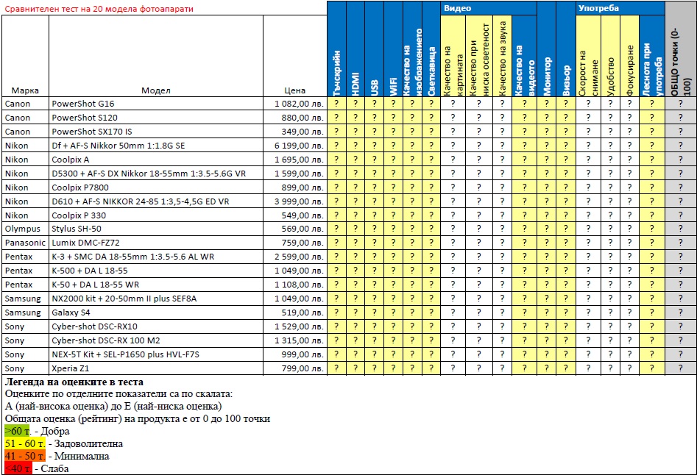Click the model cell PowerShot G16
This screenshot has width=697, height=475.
[x=82, y=104]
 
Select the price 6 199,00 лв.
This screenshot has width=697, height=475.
[x=298, y=146]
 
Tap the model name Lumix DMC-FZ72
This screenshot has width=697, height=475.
[x=85, y=243]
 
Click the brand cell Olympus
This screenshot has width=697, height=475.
[x=23, y=229]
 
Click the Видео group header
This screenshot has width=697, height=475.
[x=457, y=8]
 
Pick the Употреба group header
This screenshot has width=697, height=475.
[x=598, y=8]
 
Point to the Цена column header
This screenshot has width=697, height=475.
[x=294, y=90]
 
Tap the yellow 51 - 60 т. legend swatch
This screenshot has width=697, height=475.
[x=25, y=443]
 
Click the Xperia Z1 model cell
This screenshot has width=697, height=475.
[x=70, y=368]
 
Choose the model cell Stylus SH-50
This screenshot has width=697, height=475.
[x=77, y=229]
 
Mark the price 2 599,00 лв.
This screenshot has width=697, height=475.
[x=298, y=257]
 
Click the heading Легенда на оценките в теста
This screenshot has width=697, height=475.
[x=74, y=382]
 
